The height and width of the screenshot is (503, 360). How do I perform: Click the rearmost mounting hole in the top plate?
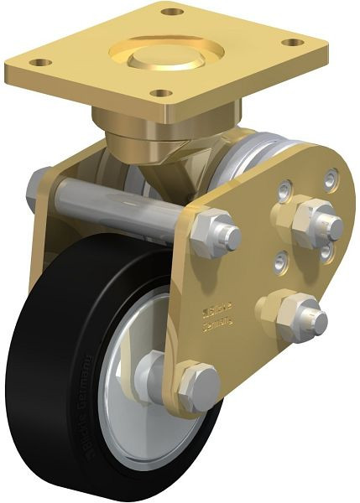point(173,12)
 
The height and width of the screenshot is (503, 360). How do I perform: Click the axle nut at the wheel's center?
point(152,372)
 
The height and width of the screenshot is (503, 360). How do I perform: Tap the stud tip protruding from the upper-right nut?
point(332,226)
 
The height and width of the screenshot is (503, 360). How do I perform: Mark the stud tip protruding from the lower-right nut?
point(317,318)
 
